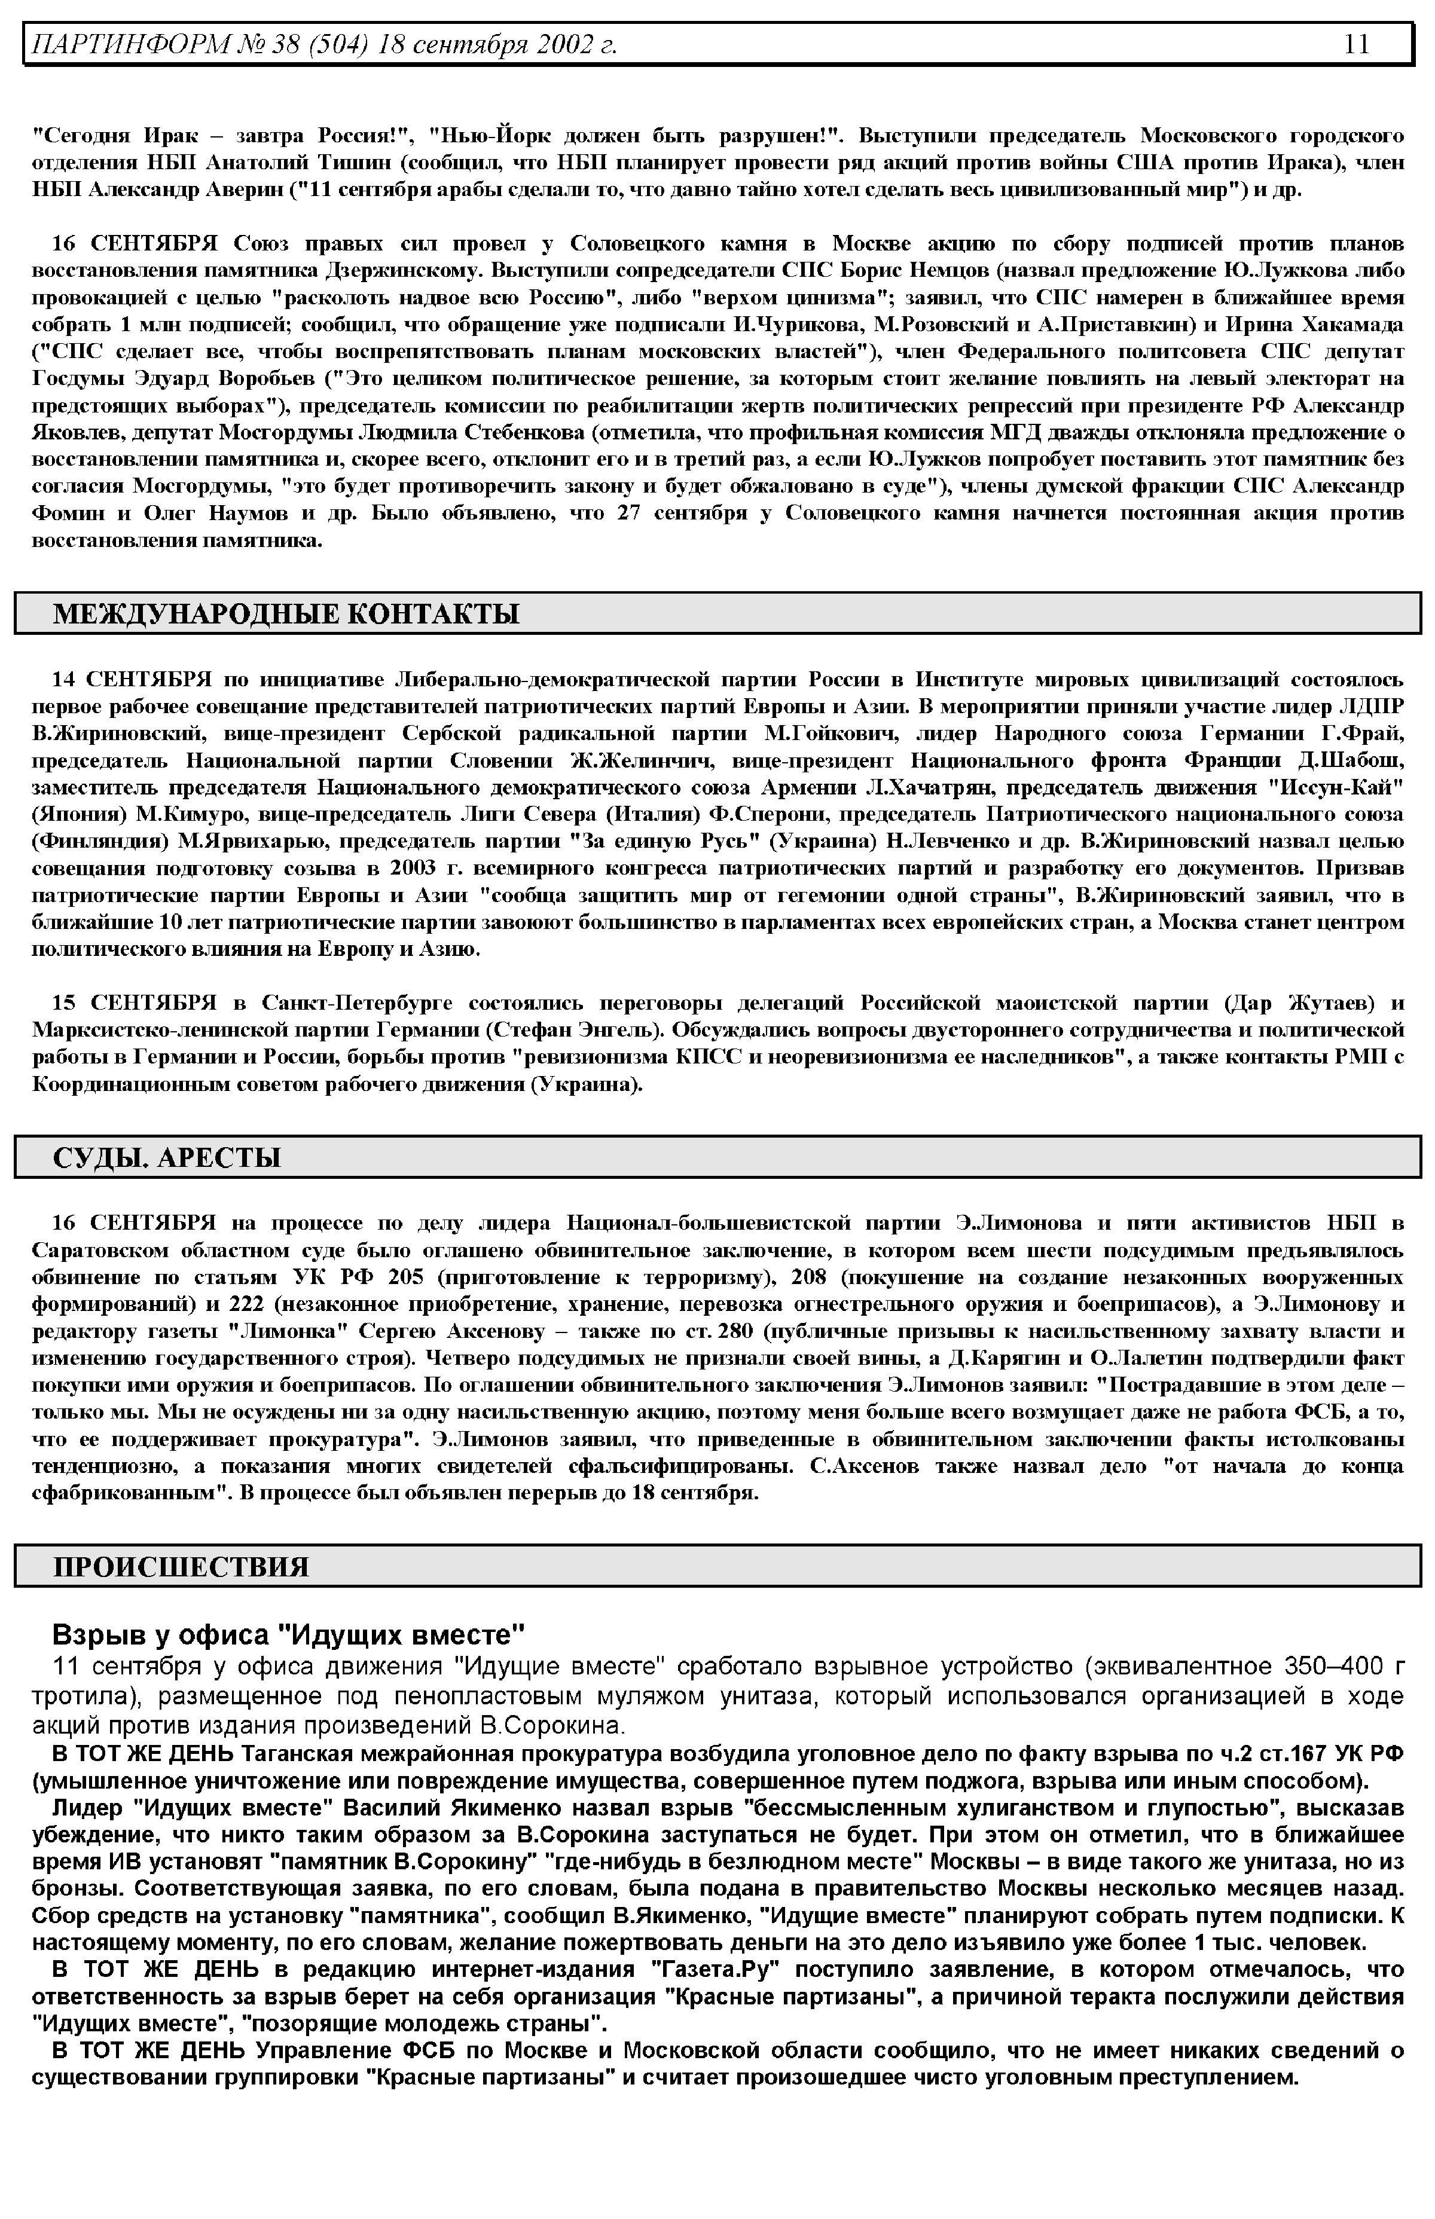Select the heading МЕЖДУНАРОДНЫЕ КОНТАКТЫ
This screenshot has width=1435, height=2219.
286,614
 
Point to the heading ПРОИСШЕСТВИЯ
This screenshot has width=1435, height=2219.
181,1567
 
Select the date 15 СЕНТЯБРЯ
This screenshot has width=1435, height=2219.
133,1003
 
